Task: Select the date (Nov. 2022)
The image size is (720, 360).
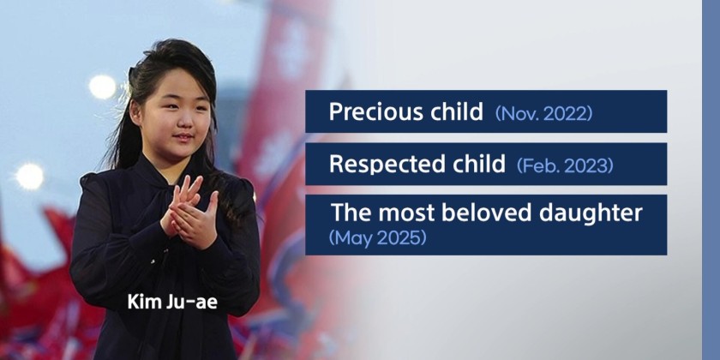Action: [x=543, y=113]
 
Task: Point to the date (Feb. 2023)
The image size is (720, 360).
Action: [x=565, y=165]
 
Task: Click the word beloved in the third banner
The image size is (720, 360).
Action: [x=487, y=213]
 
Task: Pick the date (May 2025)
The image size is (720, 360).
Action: [x=378, y=238]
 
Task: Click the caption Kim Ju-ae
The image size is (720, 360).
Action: [x=172, y=302]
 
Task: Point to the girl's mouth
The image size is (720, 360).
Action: [x=183, y=137]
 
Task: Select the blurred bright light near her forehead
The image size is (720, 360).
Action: [x=102, y=87]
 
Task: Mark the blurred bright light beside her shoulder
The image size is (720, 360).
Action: [x=30, y=177]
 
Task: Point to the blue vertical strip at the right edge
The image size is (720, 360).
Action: [x=711, y=180]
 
